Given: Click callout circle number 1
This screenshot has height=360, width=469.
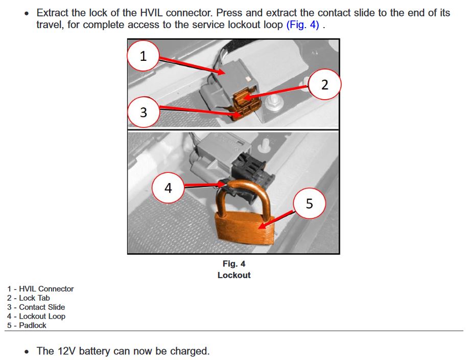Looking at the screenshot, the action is (143, 56).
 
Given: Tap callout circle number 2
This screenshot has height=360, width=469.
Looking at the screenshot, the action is (324, 84).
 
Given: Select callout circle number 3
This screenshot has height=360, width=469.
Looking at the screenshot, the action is (143, 112).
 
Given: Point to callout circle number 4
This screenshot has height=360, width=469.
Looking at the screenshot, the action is (168, 188).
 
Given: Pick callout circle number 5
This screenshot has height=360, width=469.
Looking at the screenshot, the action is (309, 204).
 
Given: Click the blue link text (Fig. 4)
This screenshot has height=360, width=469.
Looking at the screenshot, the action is (302, 25).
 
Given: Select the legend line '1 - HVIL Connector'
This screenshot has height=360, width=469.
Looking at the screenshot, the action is (40, 289).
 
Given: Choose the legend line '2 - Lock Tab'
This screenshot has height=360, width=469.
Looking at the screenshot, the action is (29, 298).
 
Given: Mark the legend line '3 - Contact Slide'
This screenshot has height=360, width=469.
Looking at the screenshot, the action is (36, 307).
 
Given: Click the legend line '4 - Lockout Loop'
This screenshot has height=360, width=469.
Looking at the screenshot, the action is (36, 316).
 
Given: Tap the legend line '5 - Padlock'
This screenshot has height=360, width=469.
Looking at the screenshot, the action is (27, 325).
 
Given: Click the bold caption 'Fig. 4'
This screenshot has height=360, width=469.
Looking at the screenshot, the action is (234, 263).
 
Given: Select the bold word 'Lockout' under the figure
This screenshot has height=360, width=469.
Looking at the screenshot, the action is (234, 275).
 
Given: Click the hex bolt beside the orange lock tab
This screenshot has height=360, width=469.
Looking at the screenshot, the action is (274, 103).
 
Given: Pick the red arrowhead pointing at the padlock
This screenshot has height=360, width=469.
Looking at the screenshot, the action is (262, 225).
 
